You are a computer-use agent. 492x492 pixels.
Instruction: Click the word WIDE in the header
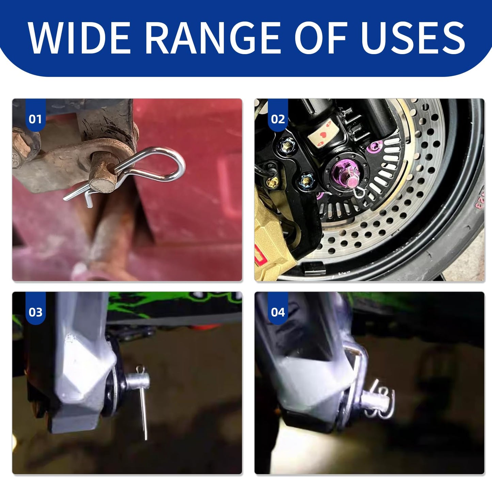[79, 38]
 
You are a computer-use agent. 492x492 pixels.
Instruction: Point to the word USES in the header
[413, 38]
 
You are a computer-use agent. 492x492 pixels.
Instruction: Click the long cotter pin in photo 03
[142, 401]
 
